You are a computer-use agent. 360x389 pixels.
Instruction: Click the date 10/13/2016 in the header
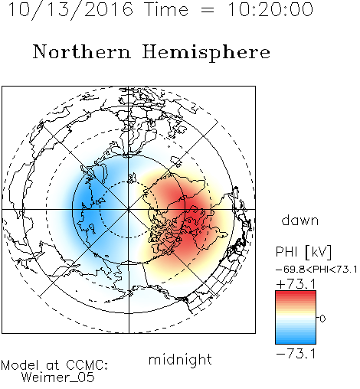click(x=70, y=10)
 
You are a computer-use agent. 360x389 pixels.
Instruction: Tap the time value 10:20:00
click(x=270, y=9)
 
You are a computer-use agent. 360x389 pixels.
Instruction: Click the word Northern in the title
click(x=82, y=51)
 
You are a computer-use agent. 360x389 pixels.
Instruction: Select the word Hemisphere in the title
click(x=206, y=53)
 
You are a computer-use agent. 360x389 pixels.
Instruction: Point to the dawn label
click(x=300, y=220)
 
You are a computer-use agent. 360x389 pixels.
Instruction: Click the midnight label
click(x=180, y=360)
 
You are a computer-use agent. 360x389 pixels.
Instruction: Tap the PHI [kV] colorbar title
click(x=303, y=252)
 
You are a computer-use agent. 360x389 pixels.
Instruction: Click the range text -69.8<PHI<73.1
click(x=316, y=270)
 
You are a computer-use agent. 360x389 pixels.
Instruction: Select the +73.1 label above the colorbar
click(x=296, y=284)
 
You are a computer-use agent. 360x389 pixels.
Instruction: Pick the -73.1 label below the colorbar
click(x=296, y=354)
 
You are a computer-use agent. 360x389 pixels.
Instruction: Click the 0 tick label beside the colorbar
click(x=322, y=319)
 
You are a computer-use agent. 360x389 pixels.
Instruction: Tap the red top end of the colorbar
click(x=296, y=293)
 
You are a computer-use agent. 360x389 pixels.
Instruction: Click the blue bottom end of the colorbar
click(x=296, y=342)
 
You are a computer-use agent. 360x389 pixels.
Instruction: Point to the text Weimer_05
click(x=58, y=377)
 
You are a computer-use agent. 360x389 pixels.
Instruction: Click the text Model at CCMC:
click(x=54, y=365)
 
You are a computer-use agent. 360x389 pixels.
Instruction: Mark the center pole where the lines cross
click(x=129, y=209)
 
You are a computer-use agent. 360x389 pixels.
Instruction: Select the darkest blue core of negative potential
click(x=85, y=208)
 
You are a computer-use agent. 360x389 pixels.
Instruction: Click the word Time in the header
click(x=166, y=9)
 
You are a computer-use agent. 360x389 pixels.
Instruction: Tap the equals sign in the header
click(x=208, y=11)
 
